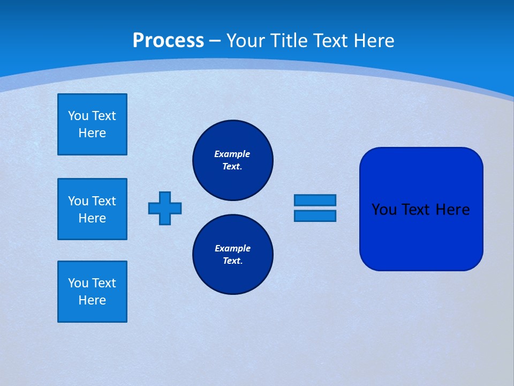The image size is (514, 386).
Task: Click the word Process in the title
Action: [168, 41]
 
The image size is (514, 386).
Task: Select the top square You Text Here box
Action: [92, 124]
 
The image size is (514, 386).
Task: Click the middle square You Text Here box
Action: [92, 209]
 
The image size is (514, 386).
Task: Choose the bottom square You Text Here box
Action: [92, 292]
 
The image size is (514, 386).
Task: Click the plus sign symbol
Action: [165, 208]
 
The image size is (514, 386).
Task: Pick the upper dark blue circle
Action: [232, 160]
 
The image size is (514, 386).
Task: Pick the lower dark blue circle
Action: [232, 255]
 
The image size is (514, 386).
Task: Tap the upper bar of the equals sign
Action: [315, 200]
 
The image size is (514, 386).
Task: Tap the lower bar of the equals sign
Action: [315, 216]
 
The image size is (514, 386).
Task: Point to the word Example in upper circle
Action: [232, 154]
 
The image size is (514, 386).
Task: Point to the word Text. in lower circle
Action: [232, 261]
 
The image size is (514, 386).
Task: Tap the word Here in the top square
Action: [92, 133]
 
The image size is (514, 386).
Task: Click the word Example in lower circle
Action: [232, 248]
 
